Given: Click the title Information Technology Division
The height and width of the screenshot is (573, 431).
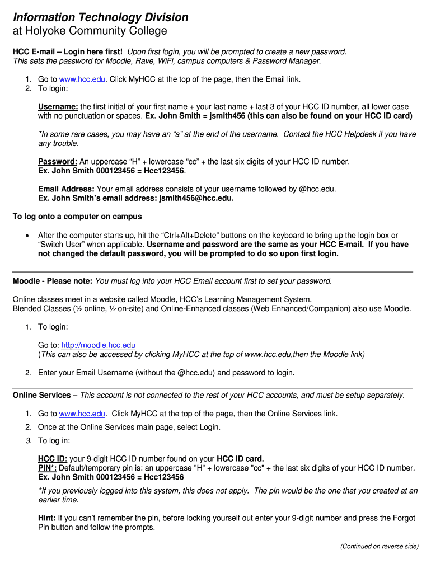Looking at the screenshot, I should [100, 17].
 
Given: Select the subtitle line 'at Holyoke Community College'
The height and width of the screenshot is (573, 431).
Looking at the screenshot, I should [90, 31].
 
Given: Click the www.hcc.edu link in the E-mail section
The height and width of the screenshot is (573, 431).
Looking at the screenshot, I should [83, 79].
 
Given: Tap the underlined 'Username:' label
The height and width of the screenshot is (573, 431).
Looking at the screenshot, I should [58, 106].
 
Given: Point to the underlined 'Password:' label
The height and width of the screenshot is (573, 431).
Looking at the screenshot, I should [57, 162].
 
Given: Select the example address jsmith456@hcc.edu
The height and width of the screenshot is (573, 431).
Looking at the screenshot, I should [196, 198].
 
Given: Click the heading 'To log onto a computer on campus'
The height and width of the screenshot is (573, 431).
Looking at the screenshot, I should [77, 217].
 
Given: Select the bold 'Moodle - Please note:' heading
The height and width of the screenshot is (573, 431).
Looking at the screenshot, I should [53, 281].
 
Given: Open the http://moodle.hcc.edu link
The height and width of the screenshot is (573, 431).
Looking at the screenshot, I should [98, 345].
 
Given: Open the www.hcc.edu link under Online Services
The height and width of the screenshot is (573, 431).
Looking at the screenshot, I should [83, 414].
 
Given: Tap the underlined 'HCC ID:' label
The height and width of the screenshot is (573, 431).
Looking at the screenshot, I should [53, 459].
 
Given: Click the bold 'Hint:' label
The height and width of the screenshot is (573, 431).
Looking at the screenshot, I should [46, 518].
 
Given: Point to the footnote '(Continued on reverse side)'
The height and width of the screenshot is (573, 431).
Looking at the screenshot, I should [379, 546].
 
